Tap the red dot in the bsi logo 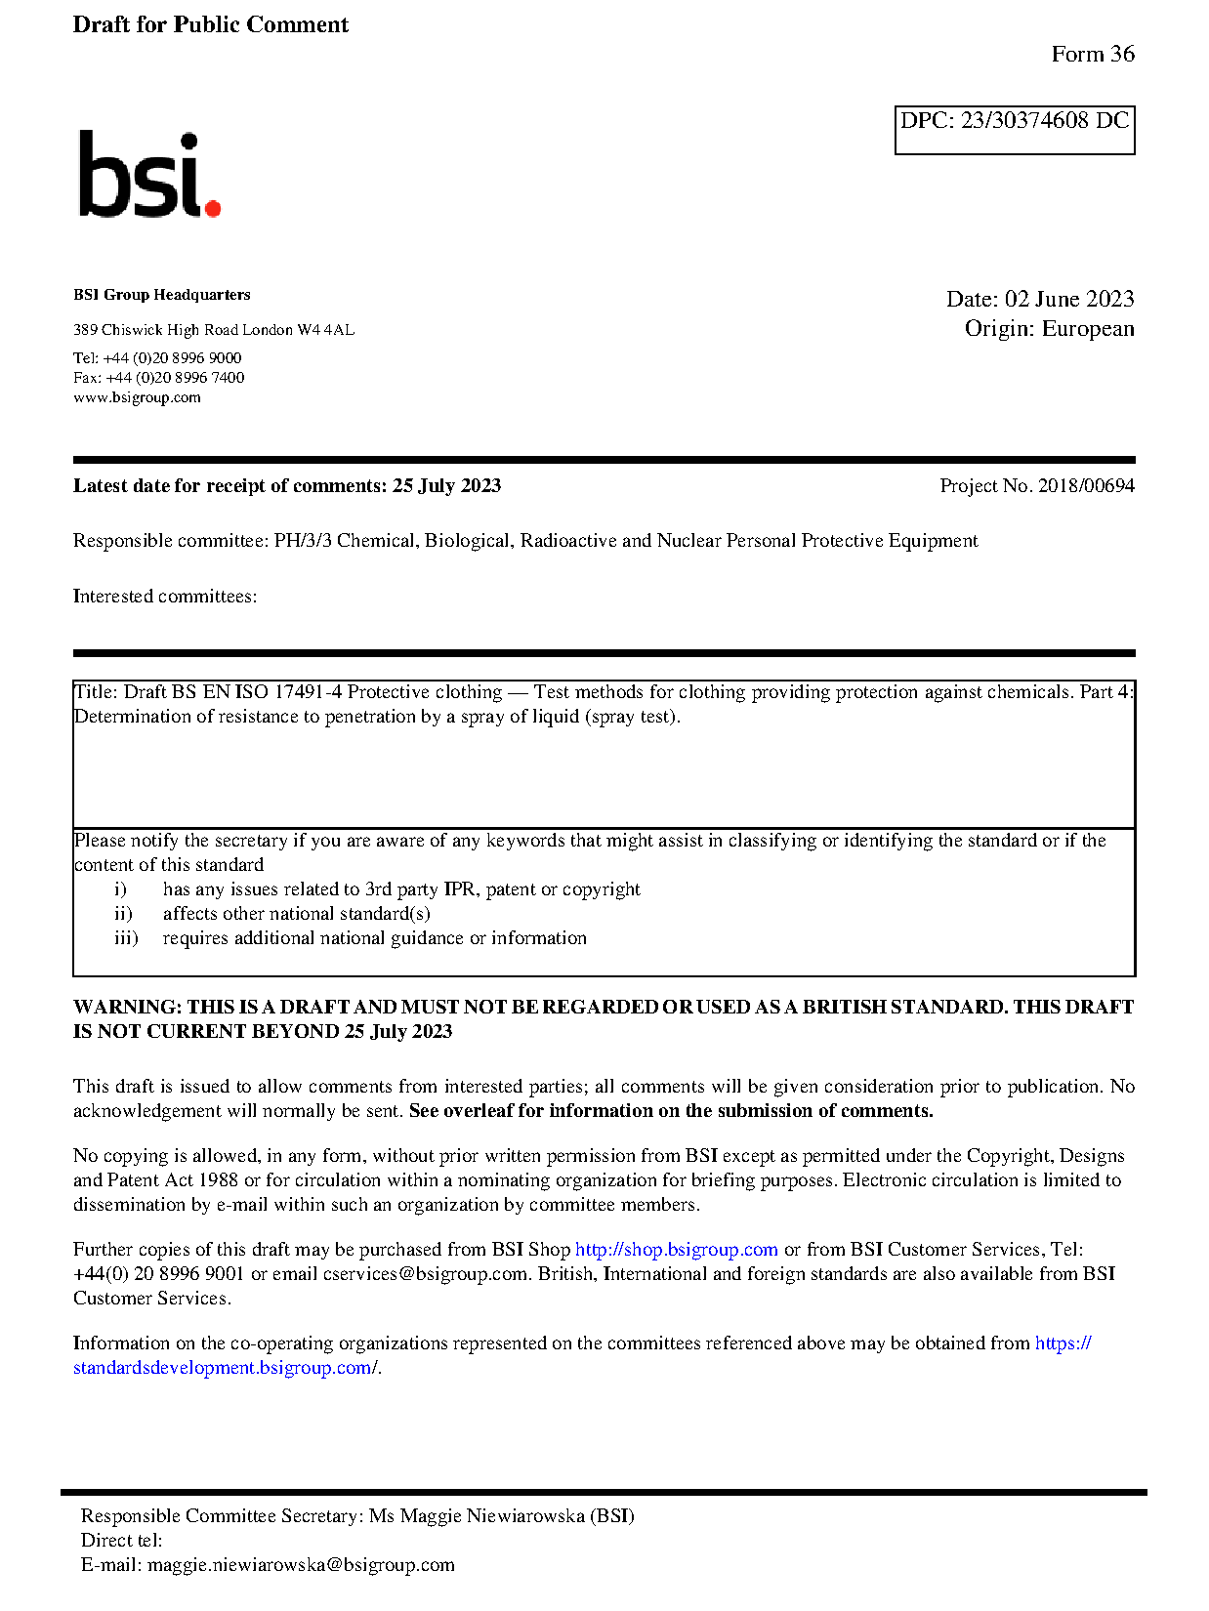click(213, 207)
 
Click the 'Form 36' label click(1092, 54)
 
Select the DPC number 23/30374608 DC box click(1014, 129)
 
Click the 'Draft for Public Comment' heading click(210, 24)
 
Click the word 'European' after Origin click(1087, 328)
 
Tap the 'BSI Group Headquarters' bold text click(161, 295)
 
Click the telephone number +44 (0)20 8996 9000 click(172, 358)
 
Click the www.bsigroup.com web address click(137, 397)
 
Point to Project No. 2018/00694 click(1036, 485)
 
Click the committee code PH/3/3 click(302, 541)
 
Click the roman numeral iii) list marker click(126, 938)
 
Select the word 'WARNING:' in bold click(127, 1007)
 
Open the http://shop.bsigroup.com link click(676, 1250)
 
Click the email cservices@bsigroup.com click(425, 1274)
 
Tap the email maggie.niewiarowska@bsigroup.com click(301, 1565)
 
